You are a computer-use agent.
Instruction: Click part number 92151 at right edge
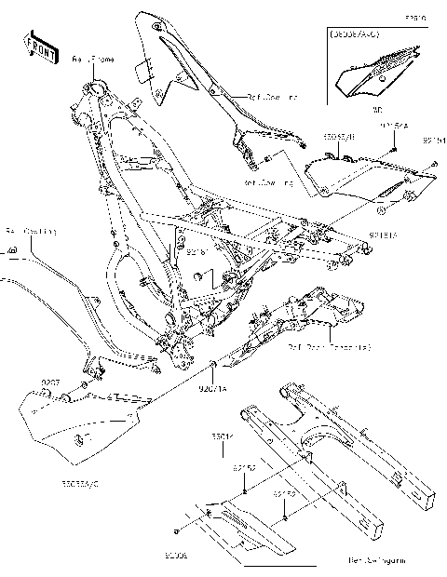click(434, 141)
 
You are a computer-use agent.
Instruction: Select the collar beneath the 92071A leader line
click(215, 363)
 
